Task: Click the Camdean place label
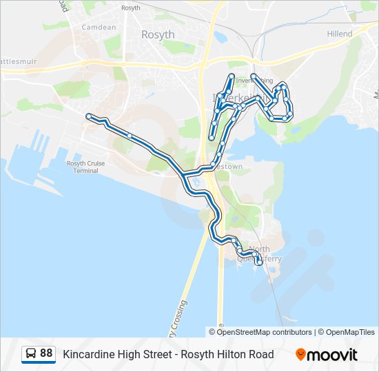(99, 27)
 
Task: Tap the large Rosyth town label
(158, 34)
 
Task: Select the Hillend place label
(339, 34)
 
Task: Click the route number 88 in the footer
(46, 353)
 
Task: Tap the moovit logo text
(333, 354)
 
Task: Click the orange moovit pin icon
(300, 354)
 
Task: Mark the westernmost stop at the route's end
(89, 116)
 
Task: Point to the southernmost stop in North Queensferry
(259, 262)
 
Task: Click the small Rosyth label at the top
(130, 8)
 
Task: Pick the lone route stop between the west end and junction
(130, 136)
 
